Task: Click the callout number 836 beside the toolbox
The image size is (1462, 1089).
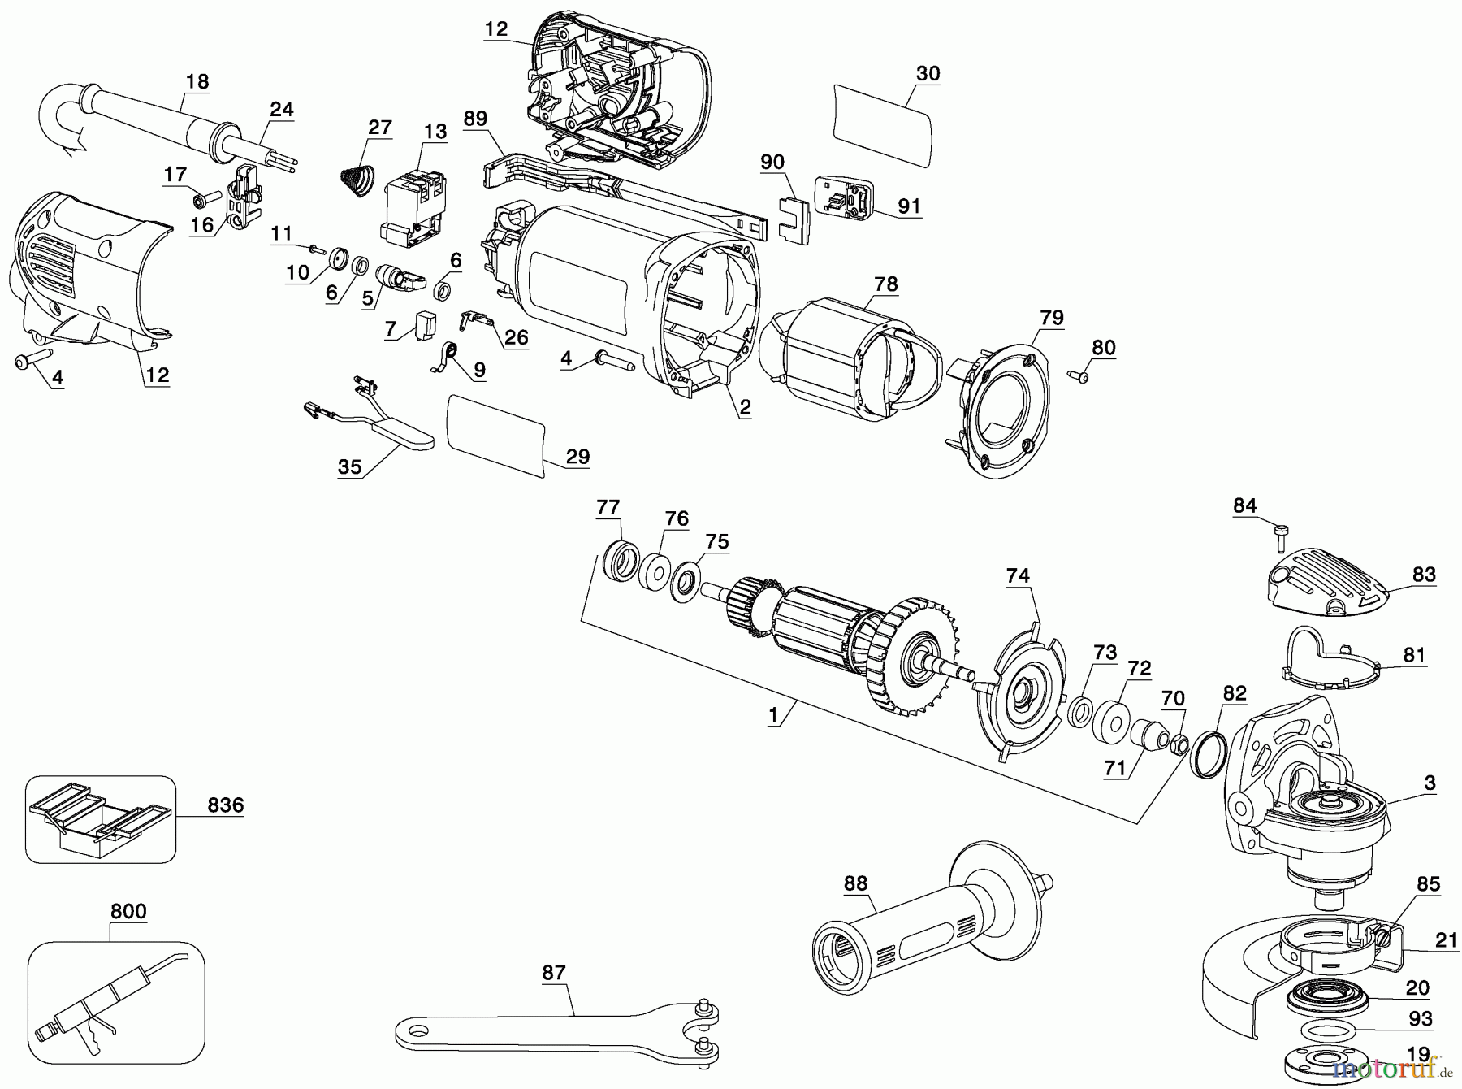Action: [225, 805]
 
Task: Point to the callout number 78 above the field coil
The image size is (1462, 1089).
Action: [886, 284]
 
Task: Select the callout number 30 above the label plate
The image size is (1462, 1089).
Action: [928, 73]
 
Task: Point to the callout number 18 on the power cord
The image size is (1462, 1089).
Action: [197, 81]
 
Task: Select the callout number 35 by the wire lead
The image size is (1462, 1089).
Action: [349, 466]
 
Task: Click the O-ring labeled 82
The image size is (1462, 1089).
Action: [1209, 752]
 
